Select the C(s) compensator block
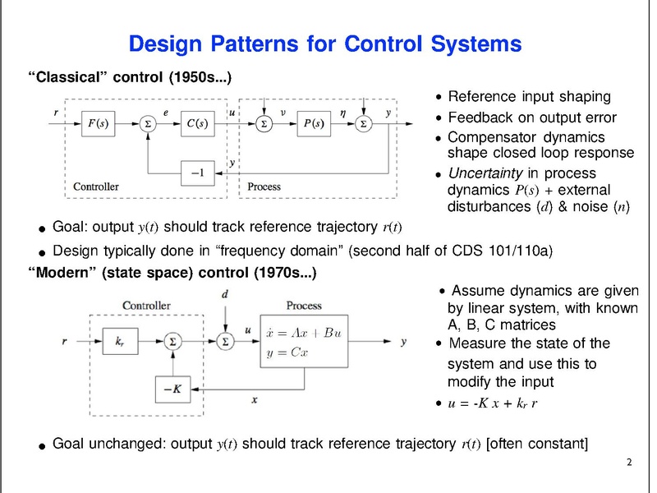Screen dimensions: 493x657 pos(197,124)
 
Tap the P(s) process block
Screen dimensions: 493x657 pos(313,124)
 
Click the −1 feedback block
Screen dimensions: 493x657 pos(197,173)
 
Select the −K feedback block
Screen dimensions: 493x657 pos(172,389)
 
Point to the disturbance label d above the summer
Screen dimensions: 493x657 pos(225,294)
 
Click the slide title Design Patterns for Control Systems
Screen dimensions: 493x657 pos(325,42)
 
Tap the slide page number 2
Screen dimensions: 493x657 pos(629,463)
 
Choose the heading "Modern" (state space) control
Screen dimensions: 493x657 pos(172,272)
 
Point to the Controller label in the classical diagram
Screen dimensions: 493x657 pos(96,187)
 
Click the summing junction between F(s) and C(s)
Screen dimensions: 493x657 pos(148,124)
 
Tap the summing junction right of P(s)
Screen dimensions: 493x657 pos(364,124)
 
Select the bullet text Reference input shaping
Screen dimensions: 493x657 pos(529,98)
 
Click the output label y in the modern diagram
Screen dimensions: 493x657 pos(403,343)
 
